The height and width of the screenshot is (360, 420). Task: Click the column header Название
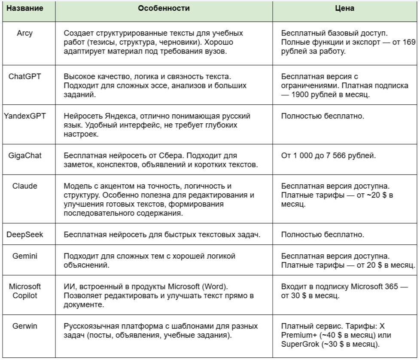coord(27,9)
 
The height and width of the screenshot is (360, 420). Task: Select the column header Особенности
coord(164,9)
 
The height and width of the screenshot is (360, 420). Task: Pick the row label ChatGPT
coord(27,77)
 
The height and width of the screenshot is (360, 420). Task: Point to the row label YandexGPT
coord(27,116)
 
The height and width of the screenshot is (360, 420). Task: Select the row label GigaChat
coord(27,156)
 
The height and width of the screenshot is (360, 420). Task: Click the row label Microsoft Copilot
coord(27,291)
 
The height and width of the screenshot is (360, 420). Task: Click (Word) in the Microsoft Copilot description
coord(218,287)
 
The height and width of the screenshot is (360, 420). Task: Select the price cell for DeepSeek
coord(346,235)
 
